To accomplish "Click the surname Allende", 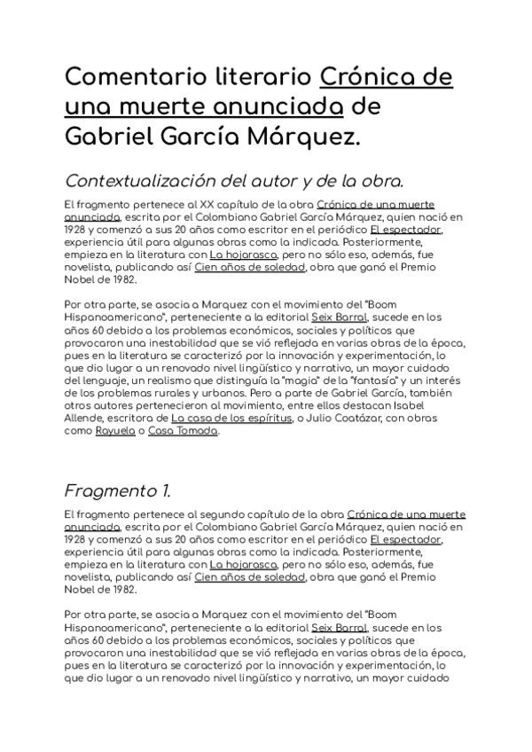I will [86, 419].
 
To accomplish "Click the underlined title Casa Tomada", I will [184, 431].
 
